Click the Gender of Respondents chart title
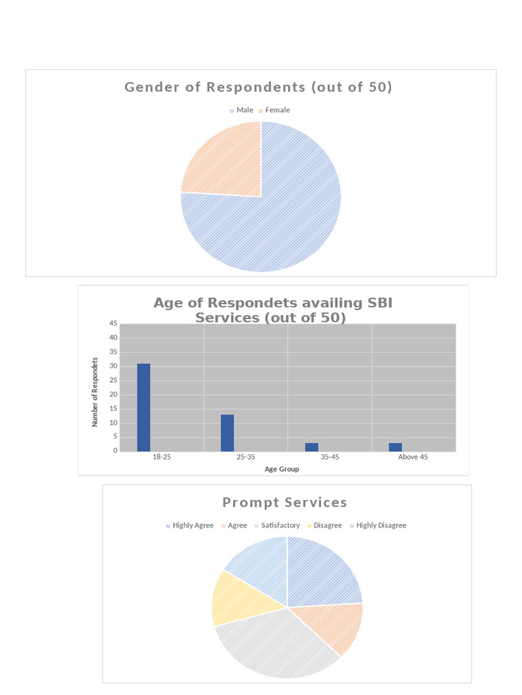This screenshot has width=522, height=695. (258, 87)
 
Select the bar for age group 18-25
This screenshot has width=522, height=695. (143, 407)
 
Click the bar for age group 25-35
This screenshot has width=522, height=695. (227, 433)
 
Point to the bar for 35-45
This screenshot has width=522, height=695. (311, 447)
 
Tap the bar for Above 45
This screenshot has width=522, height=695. (395, 447)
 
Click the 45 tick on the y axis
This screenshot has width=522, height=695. (114, 324)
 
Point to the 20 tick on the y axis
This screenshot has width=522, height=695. (114, 394)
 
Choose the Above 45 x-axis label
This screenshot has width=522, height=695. (413, 457)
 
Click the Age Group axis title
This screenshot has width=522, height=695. (281, 469)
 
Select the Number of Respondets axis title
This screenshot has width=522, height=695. (95, 392)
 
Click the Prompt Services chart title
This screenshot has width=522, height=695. (285, 502)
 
